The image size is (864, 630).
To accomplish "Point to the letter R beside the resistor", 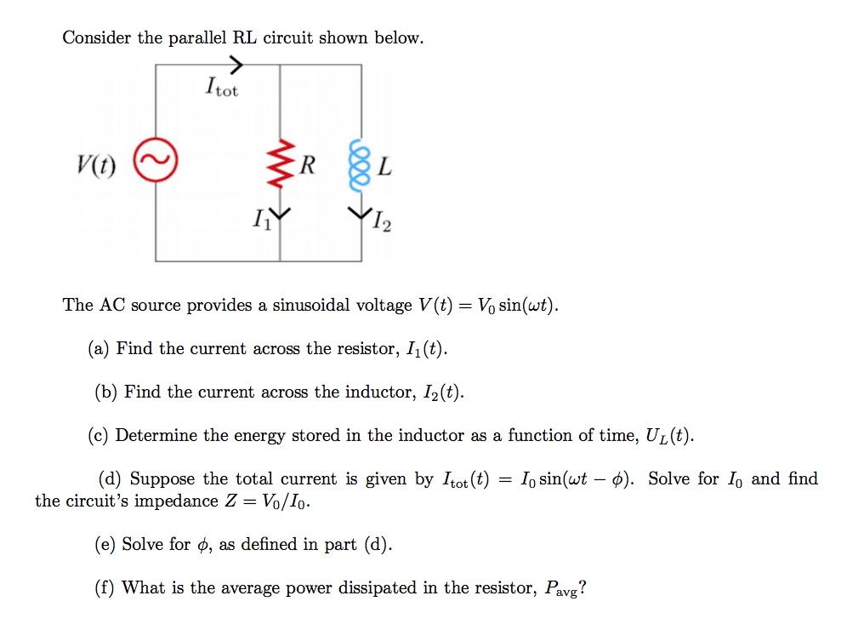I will click(306, 165).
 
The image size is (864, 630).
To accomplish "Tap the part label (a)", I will click(99, 348).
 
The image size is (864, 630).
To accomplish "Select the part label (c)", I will click(99, 436).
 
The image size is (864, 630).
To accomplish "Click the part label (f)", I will click(105, 587).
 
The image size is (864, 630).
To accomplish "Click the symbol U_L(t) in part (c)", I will click(668, 437).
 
